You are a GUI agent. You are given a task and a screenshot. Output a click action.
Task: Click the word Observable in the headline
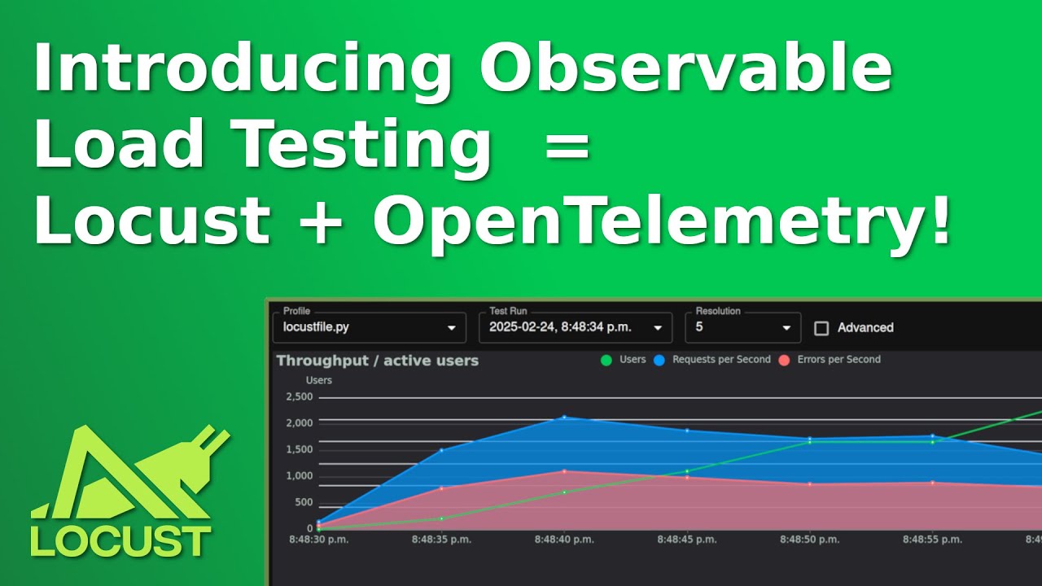pos(685,68)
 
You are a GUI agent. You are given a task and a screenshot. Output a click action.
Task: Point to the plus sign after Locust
pos(321,221)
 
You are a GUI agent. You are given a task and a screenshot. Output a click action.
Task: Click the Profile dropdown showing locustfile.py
pos(370,327)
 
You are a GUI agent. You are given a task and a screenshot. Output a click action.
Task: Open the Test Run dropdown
pos(576,327)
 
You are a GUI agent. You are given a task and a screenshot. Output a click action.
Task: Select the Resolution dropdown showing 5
pos(742,327)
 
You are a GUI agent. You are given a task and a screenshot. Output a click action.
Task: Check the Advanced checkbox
pos(821,328)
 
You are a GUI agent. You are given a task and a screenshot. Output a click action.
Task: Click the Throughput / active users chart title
pos(377,361)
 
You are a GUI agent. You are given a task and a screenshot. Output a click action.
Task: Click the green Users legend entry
pos(624,360)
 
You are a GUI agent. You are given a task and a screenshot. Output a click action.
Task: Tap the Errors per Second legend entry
pos(830,360)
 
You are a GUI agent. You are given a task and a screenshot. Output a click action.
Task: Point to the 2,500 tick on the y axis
pos(299,397)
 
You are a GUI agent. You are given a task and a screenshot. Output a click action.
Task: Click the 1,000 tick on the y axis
pos(299,476)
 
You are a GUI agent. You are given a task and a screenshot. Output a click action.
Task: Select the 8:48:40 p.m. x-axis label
pos(564,540)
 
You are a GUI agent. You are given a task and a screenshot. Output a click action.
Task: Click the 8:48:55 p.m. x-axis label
pos(933,540)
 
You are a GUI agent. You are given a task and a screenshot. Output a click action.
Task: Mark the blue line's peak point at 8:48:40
pos(564,418)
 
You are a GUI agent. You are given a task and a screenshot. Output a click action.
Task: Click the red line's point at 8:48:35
pos(441,488)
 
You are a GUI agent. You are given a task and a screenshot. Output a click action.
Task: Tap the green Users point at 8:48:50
pos(809,442)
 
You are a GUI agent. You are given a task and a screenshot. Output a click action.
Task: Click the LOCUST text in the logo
pos(121,541)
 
